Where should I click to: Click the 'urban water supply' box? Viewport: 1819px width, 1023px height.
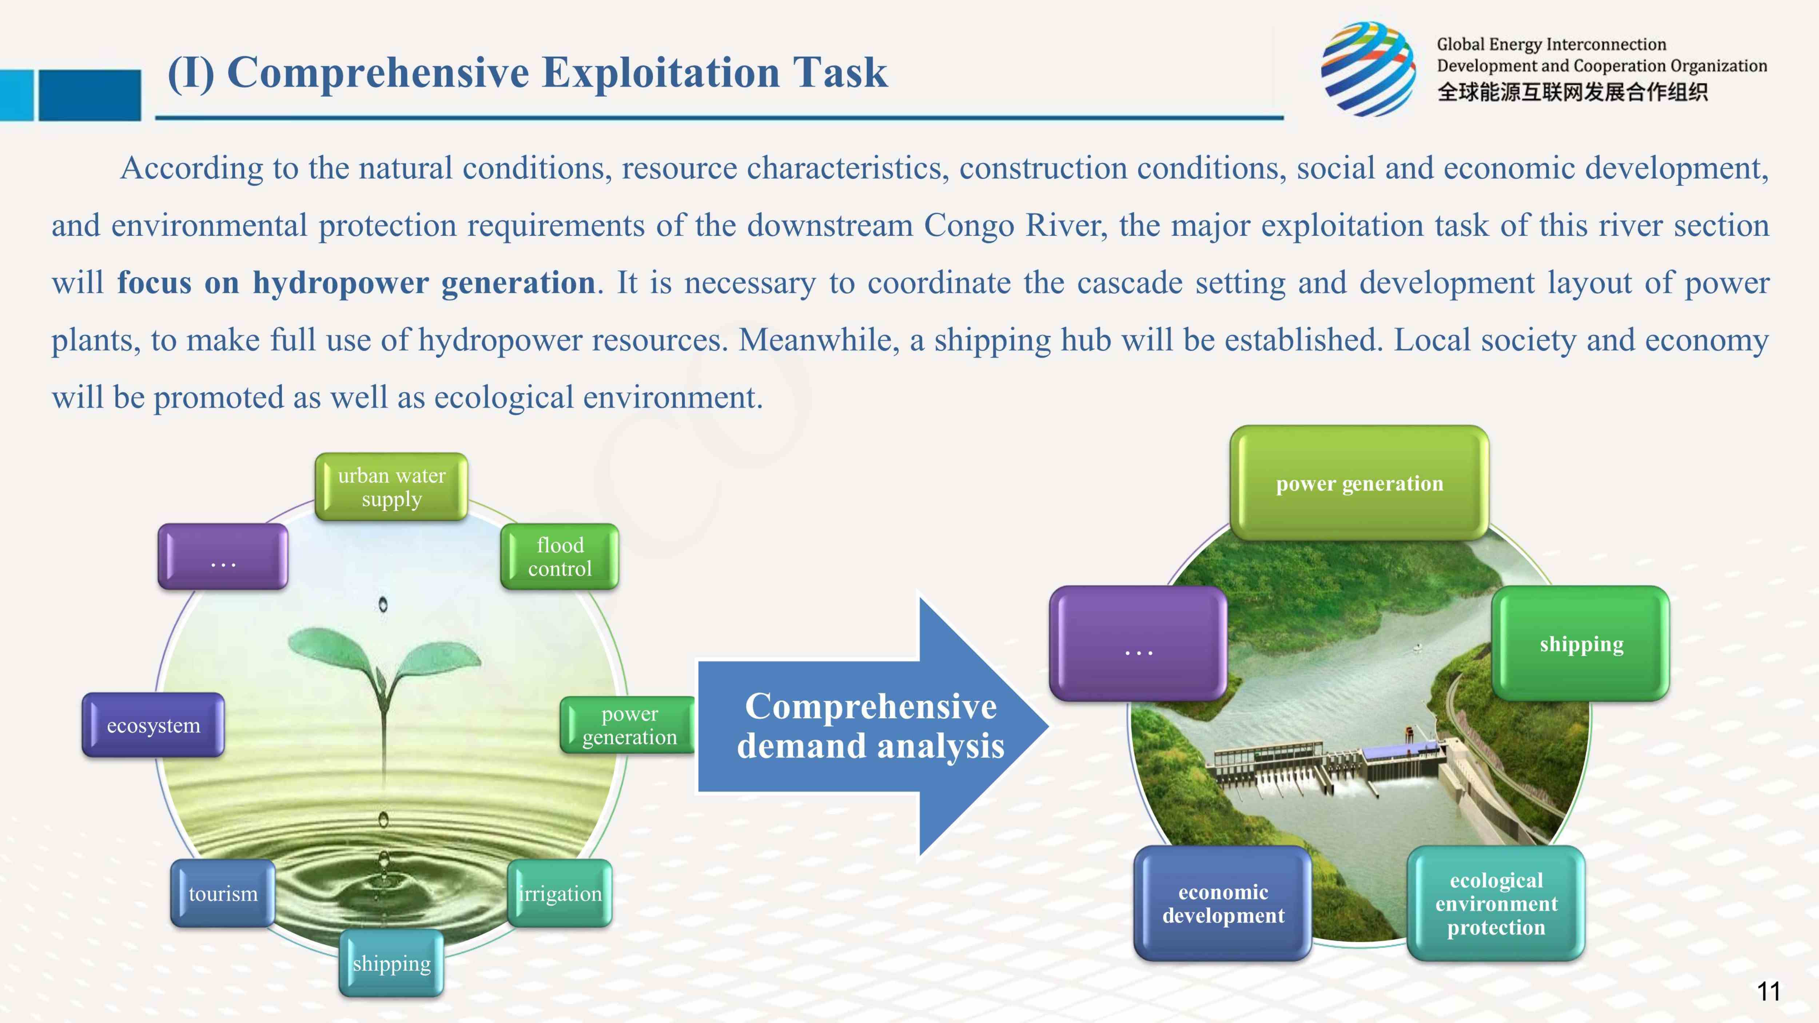point(391,487)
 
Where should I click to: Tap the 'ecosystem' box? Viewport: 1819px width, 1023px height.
point(153,725)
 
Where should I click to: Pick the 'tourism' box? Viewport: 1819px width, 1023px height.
point(222,893)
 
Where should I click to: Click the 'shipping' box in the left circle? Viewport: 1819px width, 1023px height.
point(391,963)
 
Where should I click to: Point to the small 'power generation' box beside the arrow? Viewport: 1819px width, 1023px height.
point(628,725)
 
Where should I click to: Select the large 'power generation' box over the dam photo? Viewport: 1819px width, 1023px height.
point(1359,483)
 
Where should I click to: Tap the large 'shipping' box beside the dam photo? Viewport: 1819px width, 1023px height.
point(1581,644)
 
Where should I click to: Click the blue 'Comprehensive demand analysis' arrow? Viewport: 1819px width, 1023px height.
point(871,726)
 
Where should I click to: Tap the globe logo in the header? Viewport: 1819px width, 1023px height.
point(1368,68)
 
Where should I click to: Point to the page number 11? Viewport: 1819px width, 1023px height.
point(1768,991)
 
